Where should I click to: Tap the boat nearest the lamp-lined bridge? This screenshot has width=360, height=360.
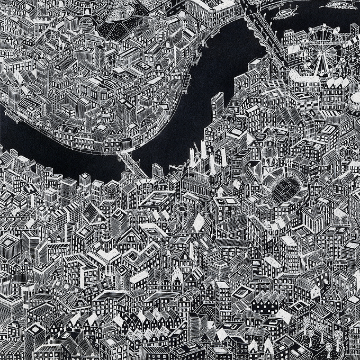281,13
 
